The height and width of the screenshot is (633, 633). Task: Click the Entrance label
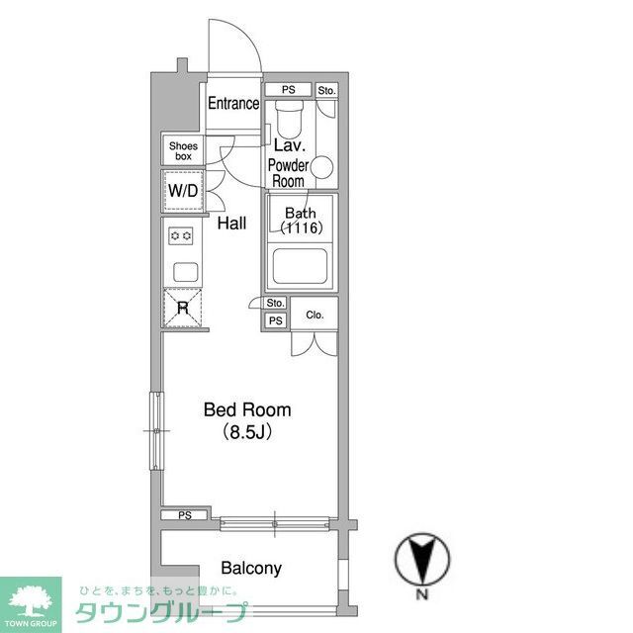tap(233, 103)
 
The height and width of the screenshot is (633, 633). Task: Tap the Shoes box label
tap(183, 151)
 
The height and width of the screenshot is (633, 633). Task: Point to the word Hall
tap(231, 225)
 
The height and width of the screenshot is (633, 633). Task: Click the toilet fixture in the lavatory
tap(289, 120)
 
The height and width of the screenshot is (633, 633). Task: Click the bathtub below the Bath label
tap(300, 266)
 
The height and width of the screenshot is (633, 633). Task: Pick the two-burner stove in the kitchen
tap(181, 235)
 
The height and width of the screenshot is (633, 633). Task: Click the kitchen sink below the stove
tap(182, 271)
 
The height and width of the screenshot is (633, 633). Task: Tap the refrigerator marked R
tap(182, 308)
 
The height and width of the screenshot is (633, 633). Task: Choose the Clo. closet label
tap(315, 316)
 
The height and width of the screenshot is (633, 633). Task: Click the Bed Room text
tap(247, 409)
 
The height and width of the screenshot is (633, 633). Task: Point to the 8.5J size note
tap(247, 432)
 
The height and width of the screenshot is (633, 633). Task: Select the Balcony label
tap(250, 568)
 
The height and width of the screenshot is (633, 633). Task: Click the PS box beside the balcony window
tap(184, 515)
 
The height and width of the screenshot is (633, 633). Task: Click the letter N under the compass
tap(421, 595)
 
